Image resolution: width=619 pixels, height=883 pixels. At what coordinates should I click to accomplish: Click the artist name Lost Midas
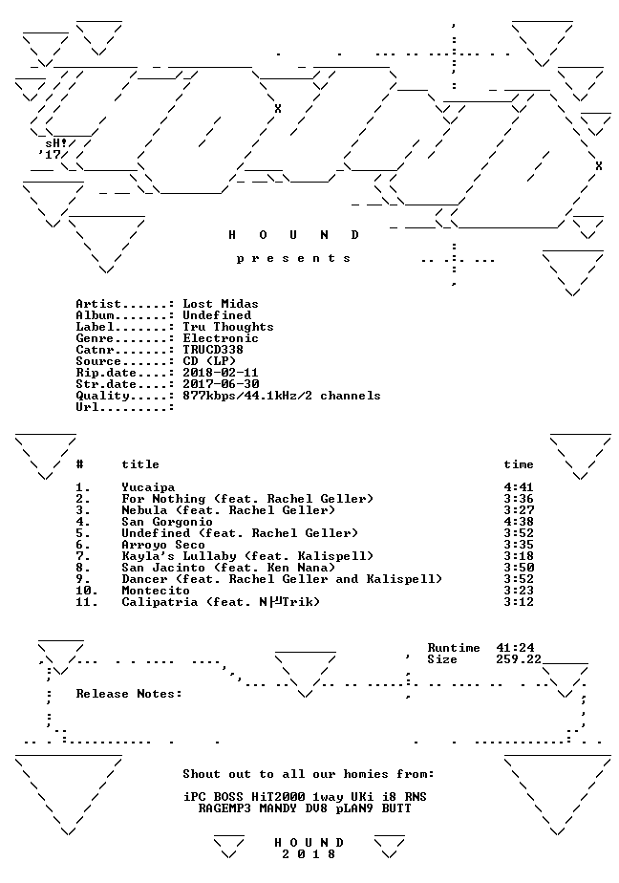221,304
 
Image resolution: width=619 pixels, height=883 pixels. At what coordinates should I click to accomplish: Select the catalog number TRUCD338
213,350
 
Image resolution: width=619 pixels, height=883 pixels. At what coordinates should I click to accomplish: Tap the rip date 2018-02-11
221,373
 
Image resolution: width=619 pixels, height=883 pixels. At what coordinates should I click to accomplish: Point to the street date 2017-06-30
221,384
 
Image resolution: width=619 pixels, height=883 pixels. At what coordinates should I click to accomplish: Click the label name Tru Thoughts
228,327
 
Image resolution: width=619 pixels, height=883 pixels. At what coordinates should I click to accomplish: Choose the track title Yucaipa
148,487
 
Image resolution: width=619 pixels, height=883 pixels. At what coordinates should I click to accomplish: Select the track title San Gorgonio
167,522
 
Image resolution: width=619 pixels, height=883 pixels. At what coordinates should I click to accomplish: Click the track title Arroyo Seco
163,545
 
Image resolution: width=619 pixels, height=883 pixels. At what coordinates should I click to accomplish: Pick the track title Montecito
156,591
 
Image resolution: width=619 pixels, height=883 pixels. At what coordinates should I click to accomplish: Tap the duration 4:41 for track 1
519,487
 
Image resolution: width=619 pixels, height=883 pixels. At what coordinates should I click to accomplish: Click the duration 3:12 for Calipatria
519,602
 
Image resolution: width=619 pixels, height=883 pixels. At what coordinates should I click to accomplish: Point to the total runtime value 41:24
515,648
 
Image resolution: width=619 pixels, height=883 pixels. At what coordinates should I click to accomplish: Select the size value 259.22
519,659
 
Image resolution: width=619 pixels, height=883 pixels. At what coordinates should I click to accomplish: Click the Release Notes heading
129,694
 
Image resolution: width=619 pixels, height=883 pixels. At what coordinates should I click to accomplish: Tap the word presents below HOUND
293,258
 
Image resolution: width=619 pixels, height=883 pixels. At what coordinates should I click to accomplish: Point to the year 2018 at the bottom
309,854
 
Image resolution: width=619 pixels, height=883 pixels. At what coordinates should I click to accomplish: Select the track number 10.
87,591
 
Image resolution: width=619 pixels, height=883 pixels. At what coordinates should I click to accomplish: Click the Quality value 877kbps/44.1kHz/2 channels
282,396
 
